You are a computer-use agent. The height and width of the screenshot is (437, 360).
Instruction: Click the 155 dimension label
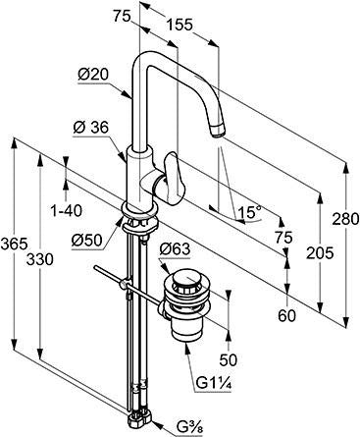click(180, 25)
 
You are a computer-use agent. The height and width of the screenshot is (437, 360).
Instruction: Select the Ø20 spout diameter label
click(93, 75)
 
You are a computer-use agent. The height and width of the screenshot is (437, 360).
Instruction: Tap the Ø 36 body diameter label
click(90, 128)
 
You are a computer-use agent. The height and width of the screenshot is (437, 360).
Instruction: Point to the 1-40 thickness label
click(67, 210)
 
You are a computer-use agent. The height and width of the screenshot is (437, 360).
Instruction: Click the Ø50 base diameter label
click(87, 241)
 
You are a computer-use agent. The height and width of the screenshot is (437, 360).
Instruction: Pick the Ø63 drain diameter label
click(175, 249)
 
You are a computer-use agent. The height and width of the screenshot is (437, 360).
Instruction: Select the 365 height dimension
click(14, 244)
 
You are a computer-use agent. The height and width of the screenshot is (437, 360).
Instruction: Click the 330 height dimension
click(39, 259)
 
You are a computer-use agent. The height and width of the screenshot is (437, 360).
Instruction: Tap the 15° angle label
click(250, 212)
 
